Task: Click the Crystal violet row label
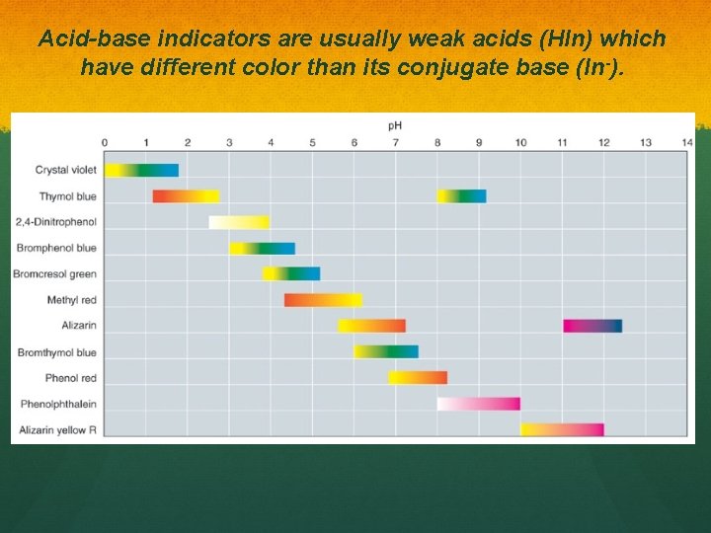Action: pos(66,170)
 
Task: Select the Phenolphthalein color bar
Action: pos(479,404)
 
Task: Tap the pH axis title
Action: pos(394,125)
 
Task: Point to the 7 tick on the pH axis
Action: pos(395,143)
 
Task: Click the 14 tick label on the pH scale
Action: pos(686,143)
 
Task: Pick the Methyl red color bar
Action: pos(323,300)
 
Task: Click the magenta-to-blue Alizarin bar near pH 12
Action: pos(592,326)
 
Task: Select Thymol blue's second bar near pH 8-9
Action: pos(461,196)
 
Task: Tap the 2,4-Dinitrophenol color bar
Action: pos(239,222)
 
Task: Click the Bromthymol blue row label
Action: pos(57,352)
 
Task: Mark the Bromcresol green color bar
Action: pos(291,273)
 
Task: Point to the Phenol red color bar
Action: pos(418,377)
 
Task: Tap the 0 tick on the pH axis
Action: pos(105,143)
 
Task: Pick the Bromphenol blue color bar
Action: pos(262,248)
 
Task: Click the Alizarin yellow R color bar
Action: pos(562,429)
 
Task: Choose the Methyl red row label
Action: pos(71,300)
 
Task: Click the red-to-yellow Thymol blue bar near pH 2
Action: pos(186,196)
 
